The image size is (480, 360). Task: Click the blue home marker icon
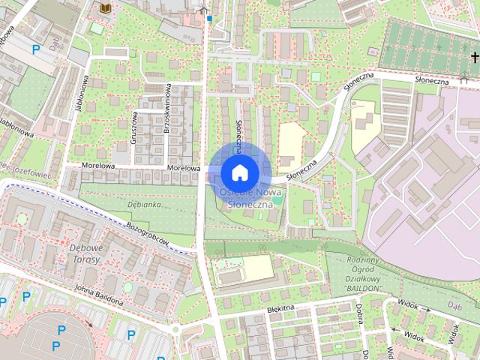(x=239, y=173)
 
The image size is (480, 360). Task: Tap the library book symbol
(x=105, y=7)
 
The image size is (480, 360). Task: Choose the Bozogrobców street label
(x=147, y=235)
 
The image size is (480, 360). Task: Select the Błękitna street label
(x=283, y=307)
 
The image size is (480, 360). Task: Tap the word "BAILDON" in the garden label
(x=365, y=286)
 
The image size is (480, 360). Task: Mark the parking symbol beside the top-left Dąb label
(x=36, y=50)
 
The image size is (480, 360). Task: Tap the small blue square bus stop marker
(x=211, y=18)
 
